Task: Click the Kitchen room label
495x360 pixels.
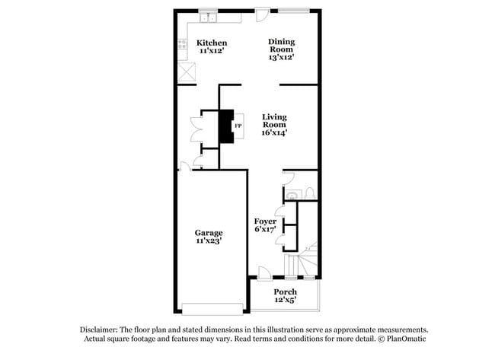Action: [x=212, y=43]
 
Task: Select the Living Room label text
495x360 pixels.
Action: [x=274, y=121]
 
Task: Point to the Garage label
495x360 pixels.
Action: [x=208, y=233]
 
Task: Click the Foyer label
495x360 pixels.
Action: [x=265, y=221]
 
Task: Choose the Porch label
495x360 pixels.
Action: [x=285, y=292]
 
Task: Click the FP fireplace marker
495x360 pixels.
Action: [x=238, y=126]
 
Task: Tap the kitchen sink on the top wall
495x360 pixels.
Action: [x=206, y=18]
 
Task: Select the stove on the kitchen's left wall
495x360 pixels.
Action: [x=182, y=45]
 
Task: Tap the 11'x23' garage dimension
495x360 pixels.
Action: [x=208, y=241]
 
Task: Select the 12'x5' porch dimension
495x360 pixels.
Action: [x=285, y=301]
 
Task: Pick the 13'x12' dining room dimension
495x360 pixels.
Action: [x=281, y=56]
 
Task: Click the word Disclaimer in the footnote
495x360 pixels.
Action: [x=101, y=330]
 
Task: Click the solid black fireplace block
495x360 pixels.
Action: [x=225, y=126]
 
